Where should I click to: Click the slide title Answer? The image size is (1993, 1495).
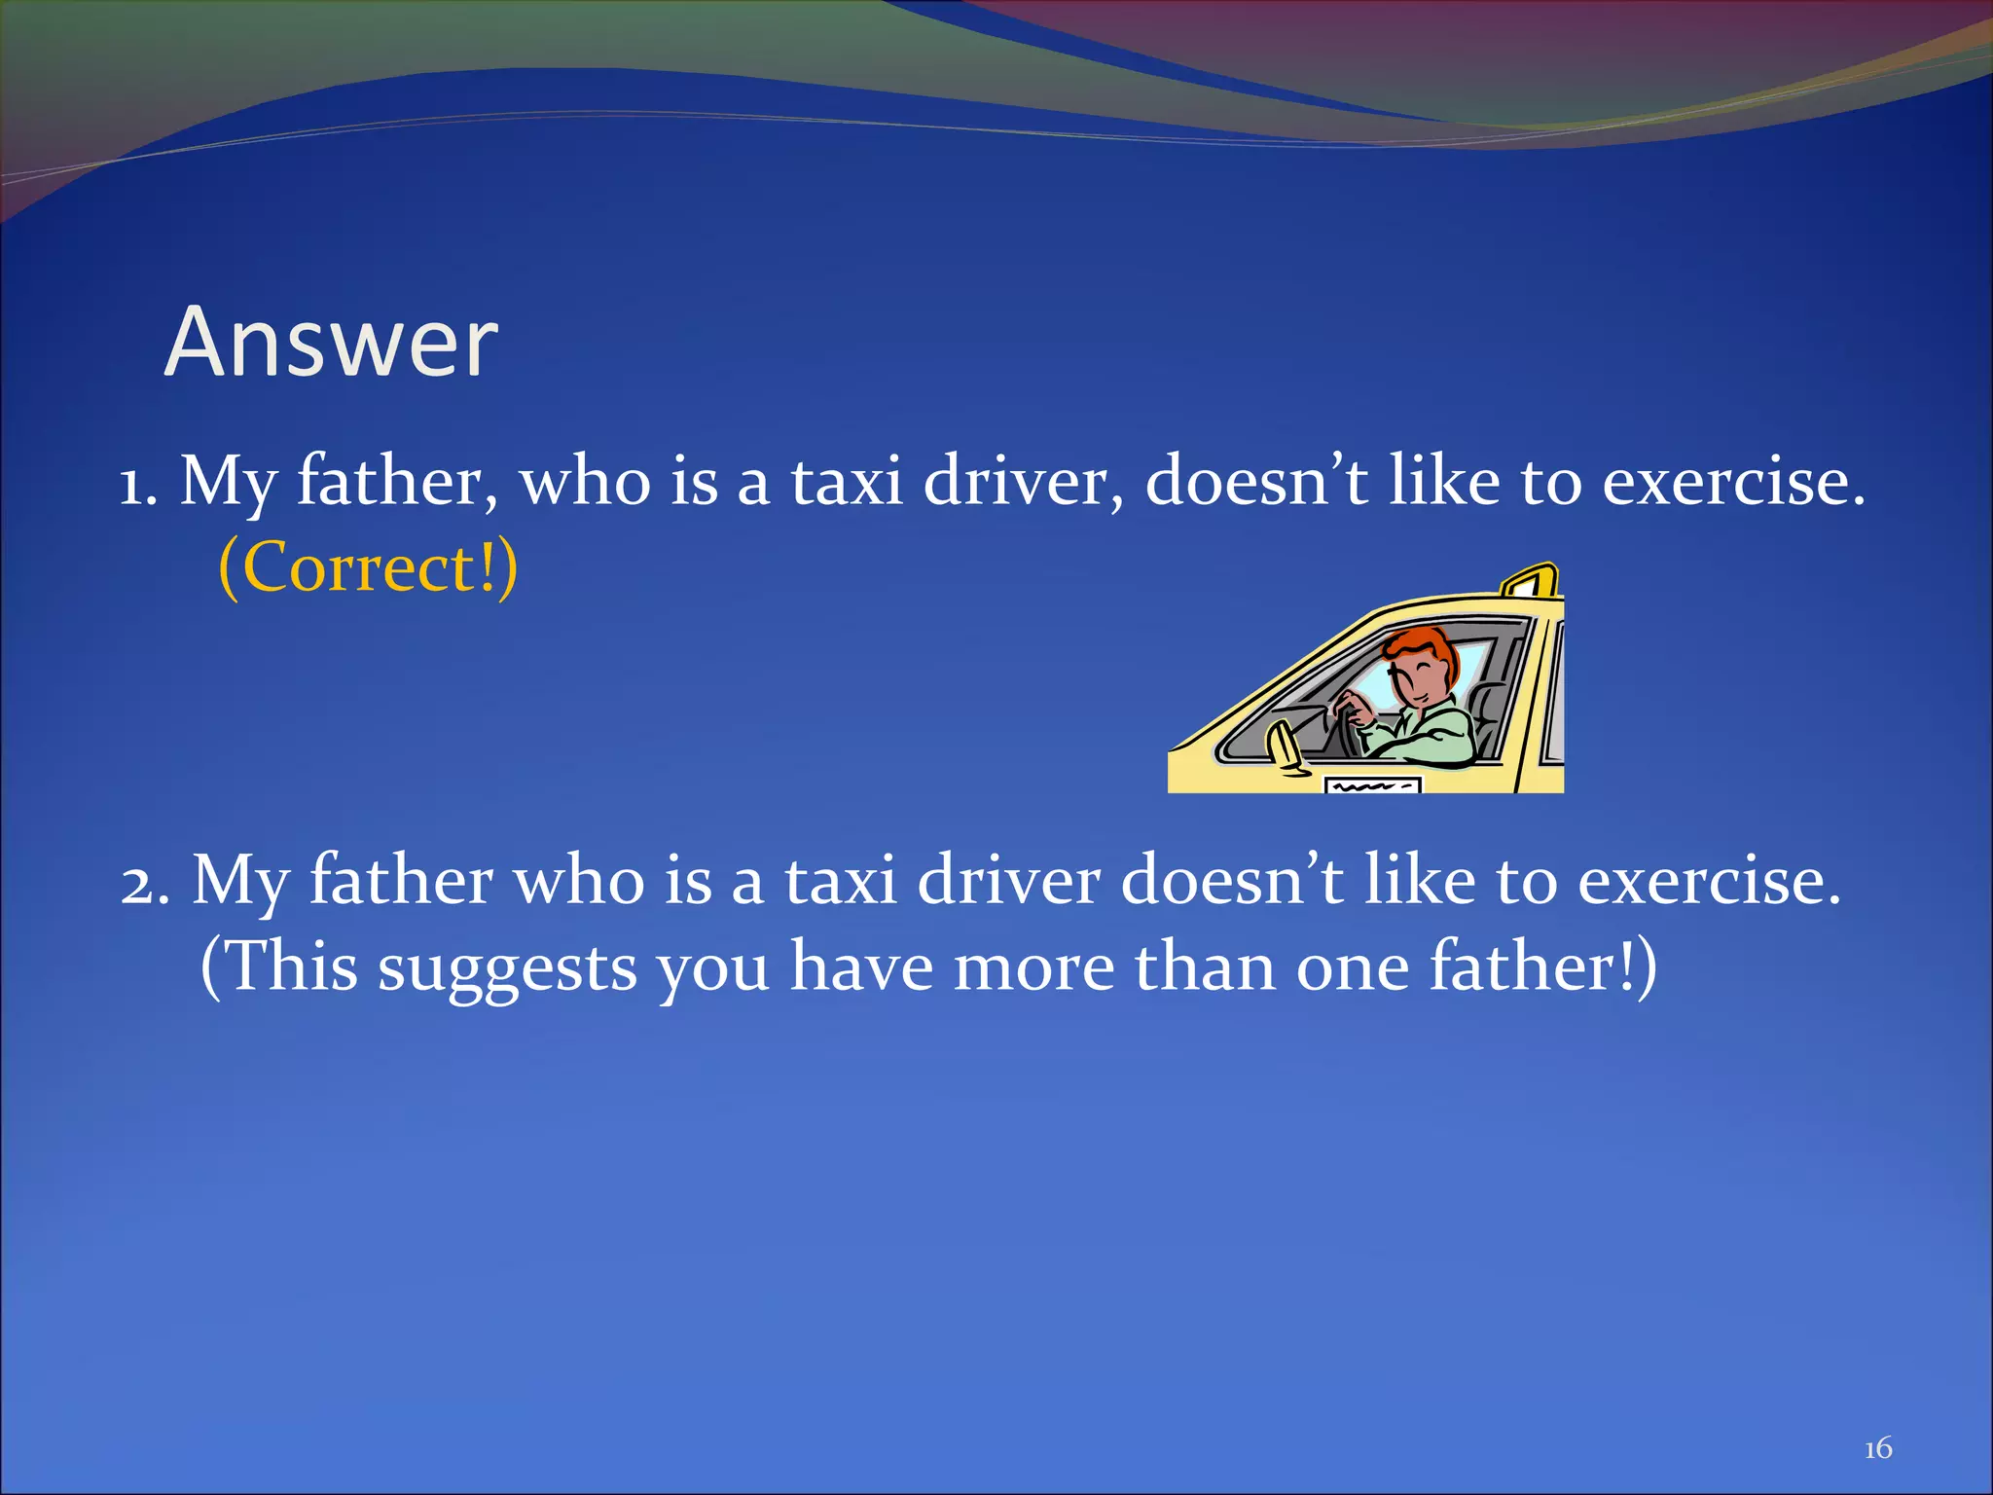[331, 343]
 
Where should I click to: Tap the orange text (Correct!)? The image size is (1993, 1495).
[368, 567]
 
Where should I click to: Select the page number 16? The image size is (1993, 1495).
[1877, 1448]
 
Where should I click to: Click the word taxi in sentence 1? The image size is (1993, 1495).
[846, 482]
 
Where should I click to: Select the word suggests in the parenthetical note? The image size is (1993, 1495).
[507, 969]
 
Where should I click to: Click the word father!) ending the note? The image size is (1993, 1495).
[1542, 967]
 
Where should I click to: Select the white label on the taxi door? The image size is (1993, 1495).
[1373, 784]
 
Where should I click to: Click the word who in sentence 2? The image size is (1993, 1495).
[578, 882]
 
